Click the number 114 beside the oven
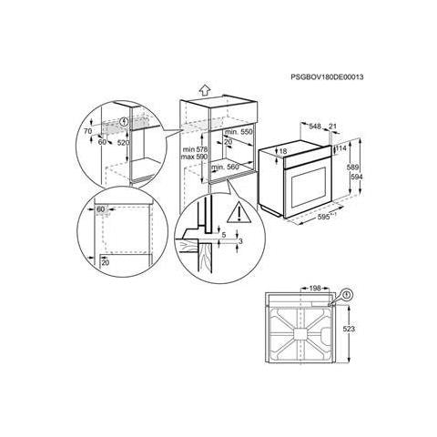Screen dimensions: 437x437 click(x=344, y=147)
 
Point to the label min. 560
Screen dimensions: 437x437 click(x=224, y=168)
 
